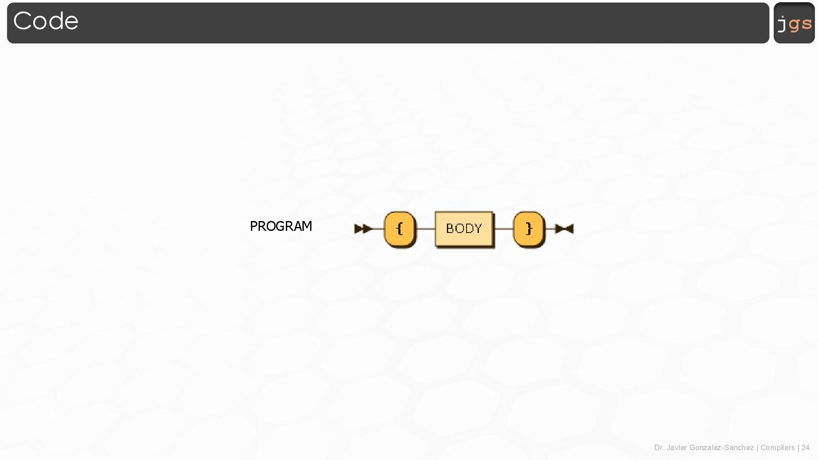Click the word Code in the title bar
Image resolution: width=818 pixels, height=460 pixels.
(x=46, y=21)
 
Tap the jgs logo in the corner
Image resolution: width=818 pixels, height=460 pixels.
(x=794, y=23)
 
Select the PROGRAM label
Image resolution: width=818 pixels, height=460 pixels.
(x=281, y=226)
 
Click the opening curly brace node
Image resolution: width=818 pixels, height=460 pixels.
(x=400, y=229)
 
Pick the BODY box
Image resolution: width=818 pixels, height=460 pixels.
(x=464, y=229)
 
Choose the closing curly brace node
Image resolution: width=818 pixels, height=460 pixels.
(x=529, y=229)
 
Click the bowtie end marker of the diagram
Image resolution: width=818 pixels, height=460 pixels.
(x=565, y=229)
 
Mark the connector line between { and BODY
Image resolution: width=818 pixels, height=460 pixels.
(x=426, y=229)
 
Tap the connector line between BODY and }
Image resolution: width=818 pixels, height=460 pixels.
(x=504, y=229)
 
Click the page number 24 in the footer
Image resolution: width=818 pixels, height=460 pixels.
(x=805, y=448)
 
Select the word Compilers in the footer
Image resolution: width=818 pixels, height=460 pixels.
(x=777, y=448)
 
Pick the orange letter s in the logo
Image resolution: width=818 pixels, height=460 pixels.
(x=806, y=23)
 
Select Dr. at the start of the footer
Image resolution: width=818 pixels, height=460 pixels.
(x=659, y=448)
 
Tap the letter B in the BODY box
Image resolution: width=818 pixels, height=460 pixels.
(x=450, y=229)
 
